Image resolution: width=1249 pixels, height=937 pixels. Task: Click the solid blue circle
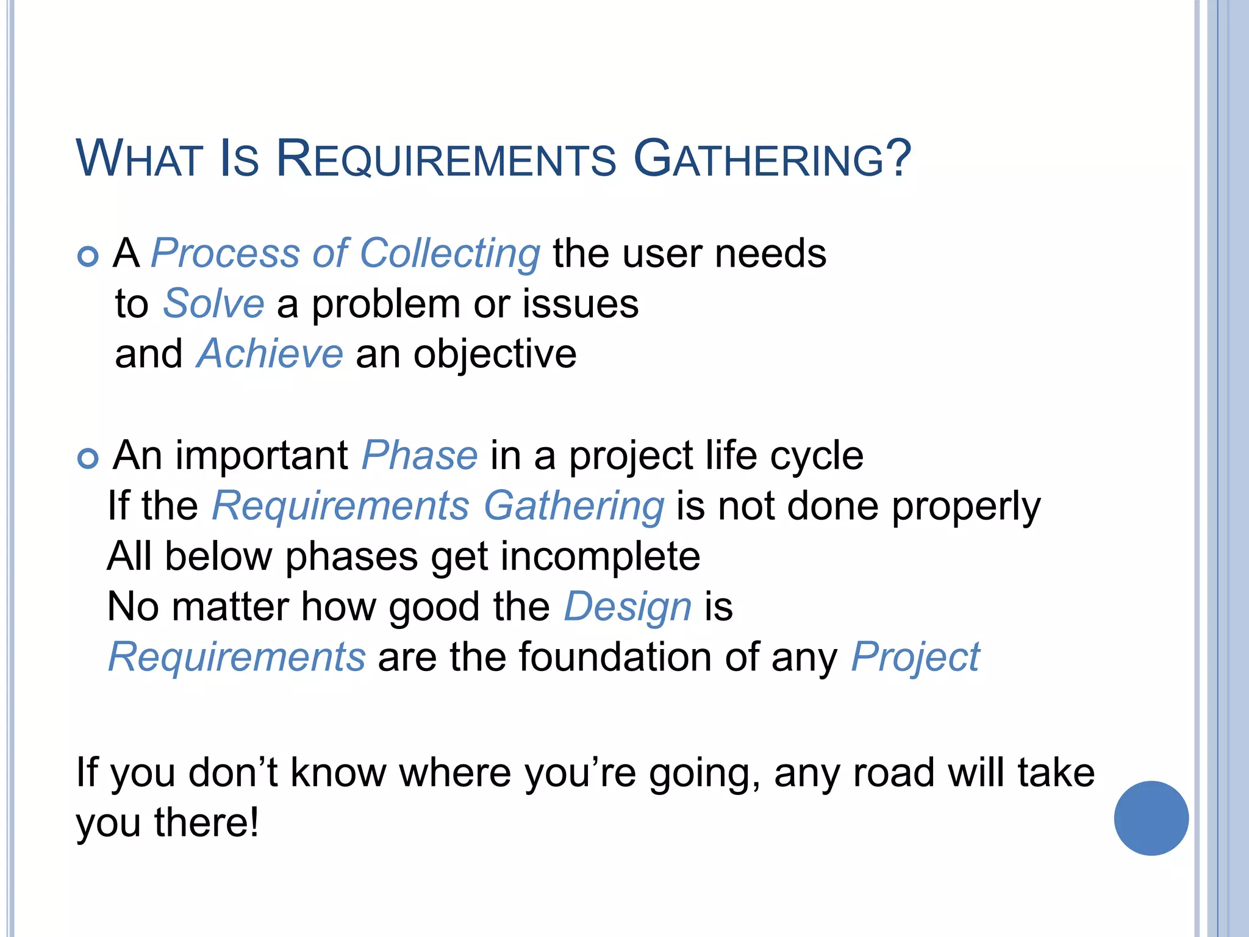click(1151, 818)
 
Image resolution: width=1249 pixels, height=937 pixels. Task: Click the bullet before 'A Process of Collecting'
click(88, 256)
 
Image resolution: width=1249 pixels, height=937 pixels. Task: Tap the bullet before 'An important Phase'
click(88, 458)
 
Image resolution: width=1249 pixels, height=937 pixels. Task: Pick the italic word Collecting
click(449, 254)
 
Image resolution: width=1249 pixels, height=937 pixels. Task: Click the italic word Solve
click(213, 304)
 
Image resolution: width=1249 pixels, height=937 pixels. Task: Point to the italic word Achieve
click(270, 354)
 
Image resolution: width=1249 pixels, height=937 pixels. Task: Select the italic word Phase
click(420, 456)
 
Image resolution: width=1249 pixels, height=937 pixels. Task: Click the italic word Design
click(628, 608)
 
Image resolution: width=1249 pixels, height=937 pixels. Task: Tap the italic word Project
click(915, 658)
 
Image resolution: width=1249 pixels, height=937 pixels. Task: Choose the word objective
click(495, 355)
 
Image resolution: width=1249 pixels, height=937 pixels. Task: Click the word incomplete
click(600, 557)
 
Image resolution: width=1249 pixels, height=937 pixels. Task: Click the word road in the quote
click(893, 773)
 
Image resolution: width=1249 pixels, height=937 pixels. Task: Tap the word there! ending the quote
click(206, 823)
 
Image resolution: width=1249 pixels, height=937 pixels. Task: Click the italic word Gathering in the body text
click(573, 508)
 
